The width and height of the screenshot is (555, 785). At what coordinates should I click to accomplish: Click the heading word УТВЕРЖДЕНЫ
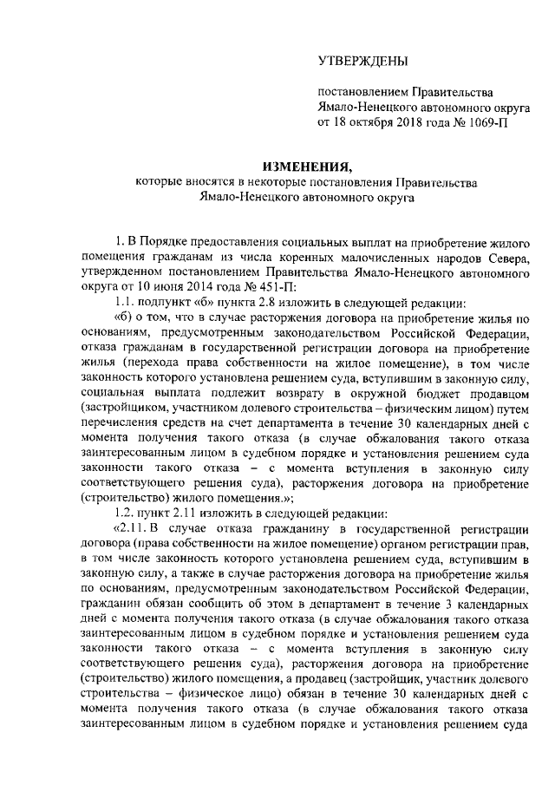pos(360,60)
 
